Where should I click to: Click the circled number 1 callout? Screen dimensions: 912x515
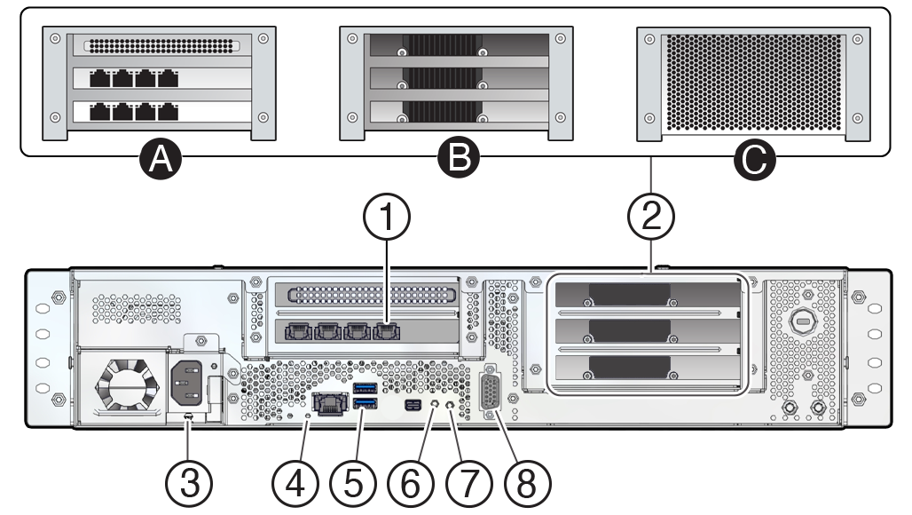[x=387, y=217]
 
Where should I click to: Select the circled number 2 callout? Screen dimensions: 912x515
[x=651, y=217]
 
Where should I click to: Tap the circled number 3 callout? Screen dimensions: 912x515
[x=189, y=483]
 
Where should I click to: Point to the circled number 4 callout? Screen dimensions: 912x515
[x=295, y=483]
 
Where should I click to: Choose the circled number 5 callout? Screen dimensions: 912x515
[x=353, y=483]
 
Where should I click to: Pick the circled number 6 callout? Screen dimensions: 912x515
[x=411, y=483]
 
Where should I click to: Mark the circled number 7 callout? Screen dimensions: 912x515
[x=468, y=483]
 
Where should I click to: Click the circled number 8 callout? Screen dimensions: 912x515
[x=526, y=483]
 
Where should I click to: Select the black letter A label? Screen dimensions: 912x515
[x=161, y=158]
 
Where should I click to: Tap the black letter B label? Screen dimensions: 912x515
[x=458, y=157]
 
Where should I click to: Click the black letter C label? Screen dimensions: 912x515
[x=754, y=158]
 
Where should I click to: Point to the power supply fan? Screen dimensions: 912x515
[x=123, y=384]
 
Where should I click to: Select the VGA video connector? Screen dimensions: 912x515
[x=489, y=392]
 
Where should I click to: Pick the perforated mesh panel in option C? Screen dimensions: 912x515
[x=754, y=82]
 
